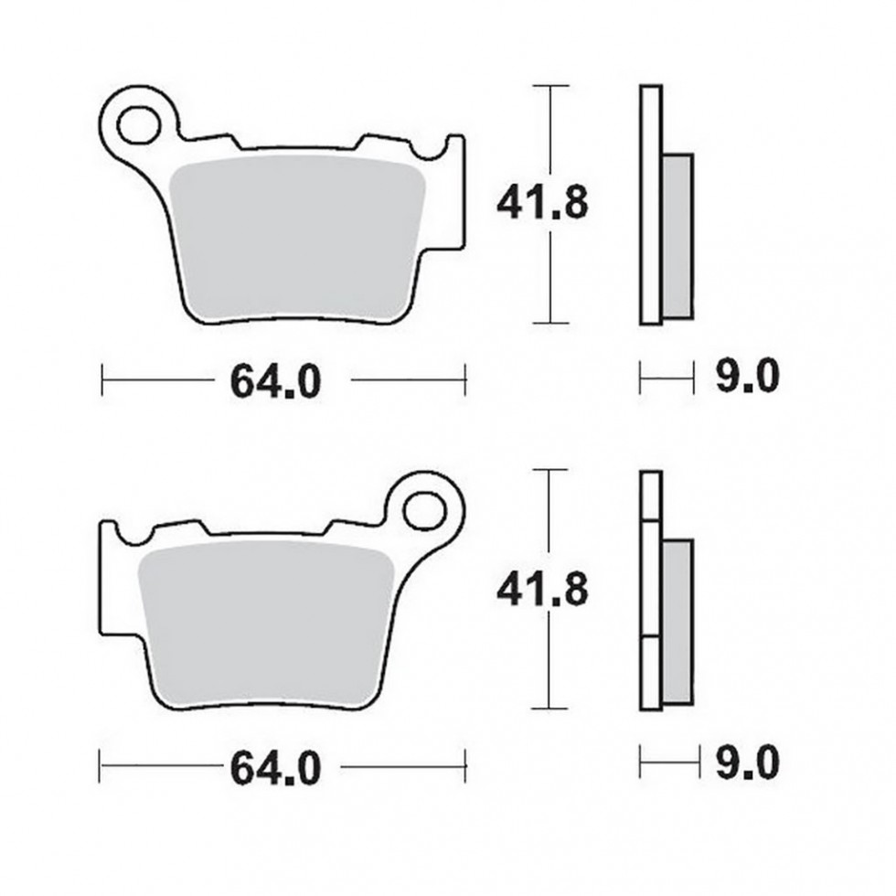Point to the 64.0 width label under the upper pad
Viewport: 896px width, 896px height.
[x=275, y=380]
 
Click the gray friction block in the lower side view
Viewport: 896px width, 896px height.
[x=677, y=622]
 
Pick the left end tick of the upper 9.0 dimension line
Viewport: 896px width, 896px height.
[x=641, y=376]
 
